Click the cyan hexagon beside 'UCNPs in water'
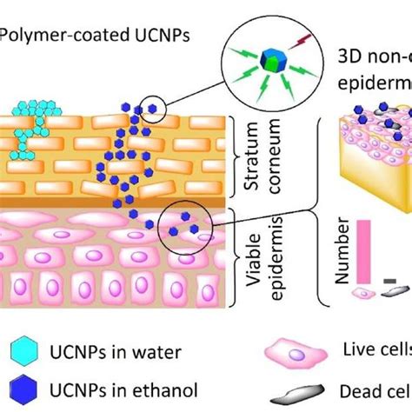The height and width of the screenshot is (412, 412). click(26, 352)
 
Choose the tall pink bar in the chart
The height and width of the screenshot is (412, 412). click(362, 251)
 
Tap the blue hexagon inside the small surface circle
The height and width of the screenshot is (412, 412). click(154, 109)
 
